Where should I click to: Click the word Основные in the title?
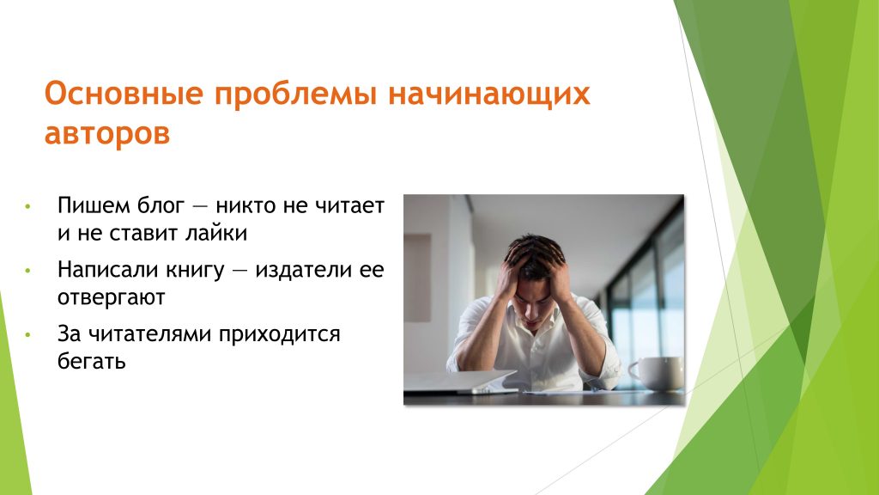coord(124,93)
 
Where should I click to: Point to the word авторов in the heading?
coord(107,133)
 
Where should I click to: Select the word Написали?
coord(107,270)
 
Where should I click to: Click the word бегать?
coord(91,360)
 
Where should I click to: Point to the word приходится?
coord(279,335)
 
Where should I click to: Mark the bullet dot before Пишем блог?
coord(27,206)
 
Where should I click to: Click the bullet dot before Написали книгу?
coord(27,271)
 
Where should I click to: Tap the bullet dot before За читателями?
coord(27,336)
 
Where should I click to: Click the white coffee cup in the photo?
coord(657,373)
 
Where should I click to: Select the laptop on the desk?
coord(460,382)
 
